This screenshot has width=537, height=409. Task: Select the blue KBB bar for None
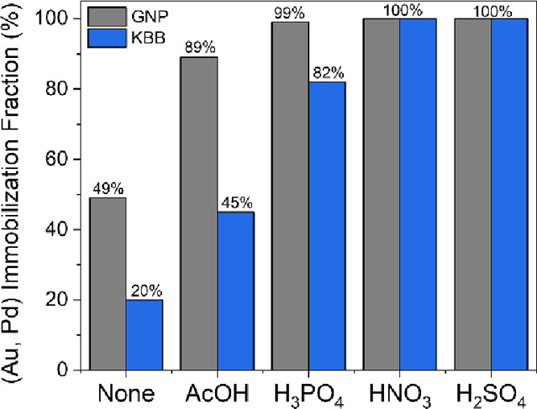145,334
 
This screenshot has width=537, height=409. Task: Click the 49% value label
108,189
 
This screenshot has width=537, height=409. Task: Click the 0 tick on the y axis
66,370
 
